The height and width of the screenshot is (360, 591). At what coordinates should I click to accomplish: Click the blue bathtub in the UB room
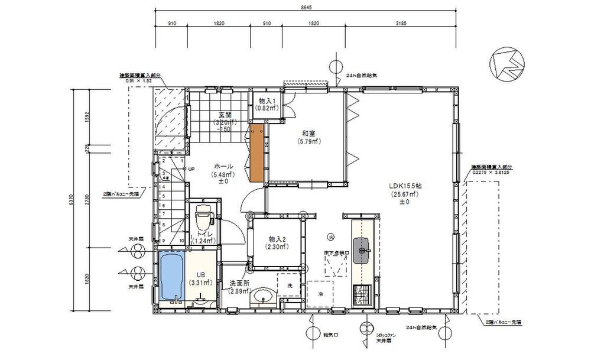click(171, 277)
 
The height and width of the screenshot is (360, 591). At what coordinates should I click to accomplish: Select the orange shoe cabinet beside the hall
click(256, 153)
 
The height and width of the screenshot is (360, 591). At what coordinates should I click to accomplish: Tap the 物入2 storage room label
click(277, 239)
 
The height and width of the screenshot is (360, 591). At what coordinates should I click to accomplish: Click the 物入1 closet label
click(265, 101)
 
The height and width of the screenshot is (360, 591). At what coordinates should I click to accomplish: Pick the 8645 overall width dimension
click(306, 7)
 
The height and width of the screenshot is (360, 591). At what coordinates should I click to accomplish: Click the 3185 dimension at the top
click(401, 24)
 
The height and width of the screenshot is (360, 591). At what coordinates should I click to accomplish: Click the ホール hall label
click(223, 167)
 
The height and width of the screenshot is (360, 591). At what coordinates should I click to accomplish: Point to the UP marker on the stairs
click(191, 169)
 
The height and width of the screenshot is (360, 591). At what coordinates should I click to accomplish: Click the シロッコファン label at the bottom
click(387, 335)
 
